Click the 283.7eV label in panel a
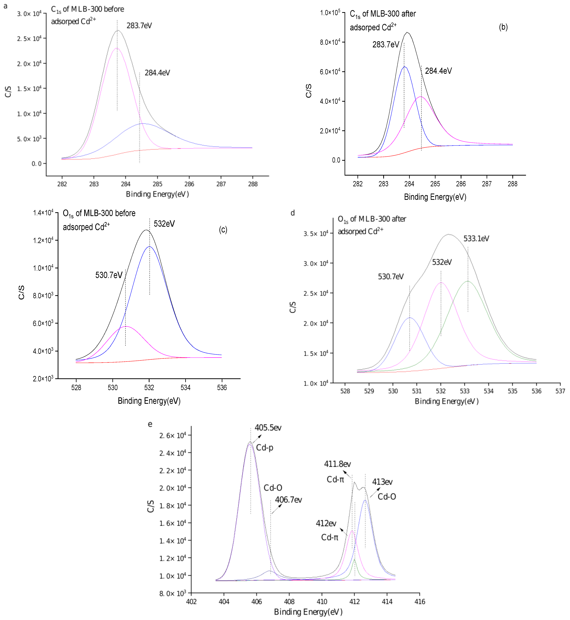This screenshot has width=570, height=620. pos(139,26)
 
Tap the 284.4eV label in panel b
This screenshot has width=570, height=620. pos(438,71)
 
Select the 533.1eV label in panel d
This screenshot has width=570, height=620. pos(476,238)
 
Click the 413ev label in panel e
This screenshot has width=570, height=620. pos(382,482)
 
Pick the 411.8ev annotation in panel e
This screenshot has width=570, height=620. pos(337,464)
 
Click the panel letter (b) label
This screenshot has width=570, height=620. pos(503,27)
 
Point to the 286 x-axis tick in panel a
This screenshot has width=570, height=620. pos(189,184)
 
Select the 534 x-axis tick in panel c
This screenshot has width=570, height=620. pos(185,388)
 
